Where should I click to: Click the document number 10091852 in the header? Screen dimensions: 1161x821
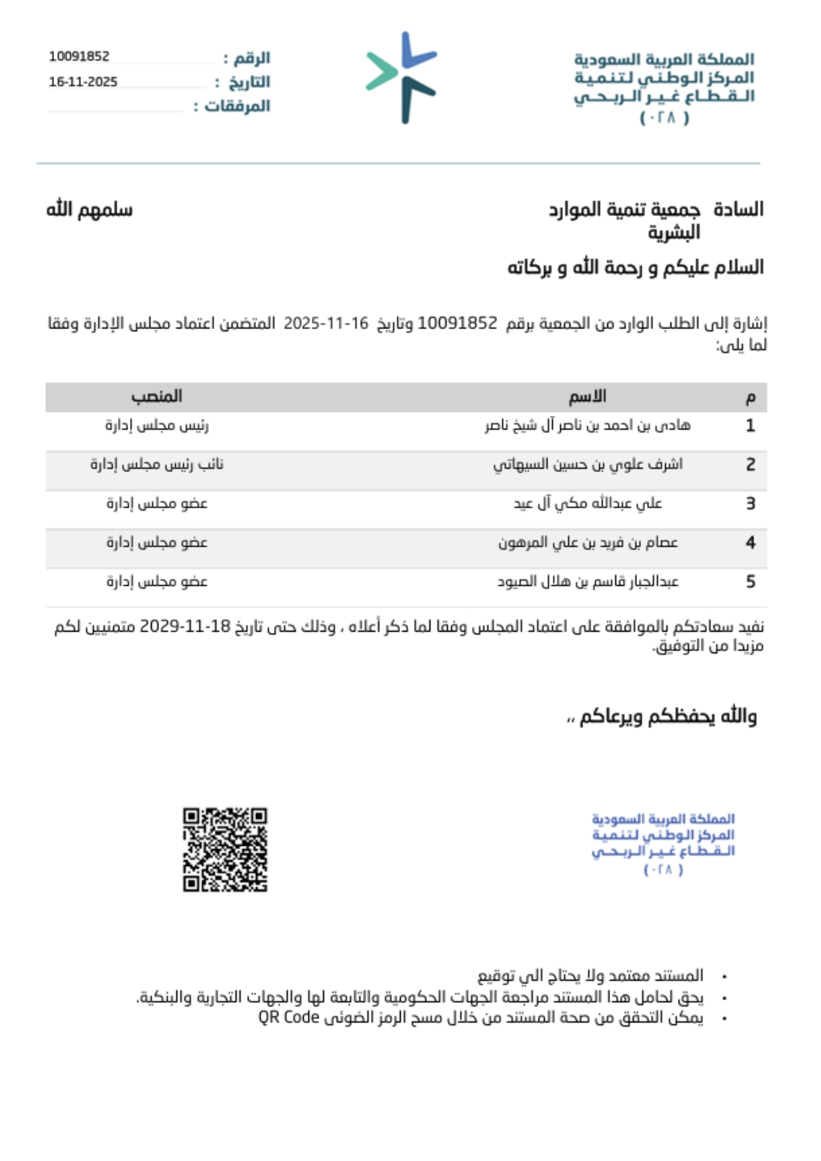79,56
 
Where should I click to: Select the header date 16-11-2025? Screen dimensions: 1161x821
83,82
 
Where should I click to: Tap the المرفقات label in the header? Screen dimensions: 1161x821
237,106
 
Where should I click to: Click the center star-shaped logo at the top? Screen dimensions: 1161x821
402,77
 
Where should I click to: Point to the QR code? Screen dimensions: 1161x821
225,849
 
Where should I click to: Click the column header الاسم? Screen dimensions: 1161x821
587,396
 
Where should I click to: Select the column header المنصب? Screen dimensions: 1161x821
157,396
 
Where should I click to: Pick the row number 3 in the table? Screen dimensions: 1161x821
750,503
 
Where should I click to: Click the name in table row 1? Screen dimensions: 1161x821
587,426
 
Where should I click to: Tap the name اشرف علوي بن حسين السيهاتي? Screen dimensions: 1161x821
588,464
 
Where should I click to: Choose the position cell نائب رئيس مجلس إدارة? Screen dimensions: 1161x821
157,464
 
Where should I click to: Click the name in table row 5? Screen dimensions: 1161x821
588,581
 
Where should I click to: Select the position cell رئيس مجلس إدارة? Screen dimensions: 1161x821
157,426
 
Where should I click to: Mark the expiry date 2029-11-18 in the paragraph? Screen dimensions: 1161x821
186,627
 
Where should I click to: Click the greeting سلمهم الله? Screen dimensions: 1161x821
89,210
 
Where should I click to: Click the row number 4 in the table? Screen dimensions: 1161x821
750,542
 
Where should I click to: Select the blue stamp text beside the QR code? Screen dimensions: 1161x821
663,843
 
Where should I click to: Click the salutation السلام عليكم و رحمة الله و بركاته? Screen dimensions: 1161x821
635,268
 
